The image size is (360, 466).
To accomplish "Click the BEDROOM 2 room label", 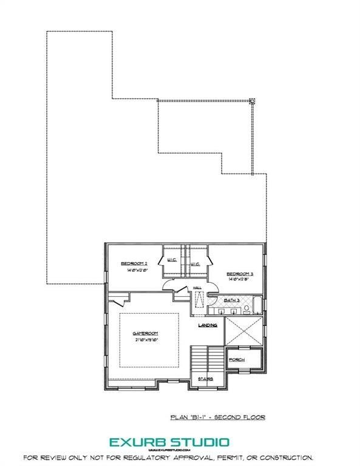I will (x=134, y=263).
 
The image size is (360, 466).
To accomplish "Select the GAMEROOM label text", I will (x=146, y=333).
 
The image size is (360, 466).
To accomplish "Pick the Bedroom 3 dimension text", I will (x=240, y=280).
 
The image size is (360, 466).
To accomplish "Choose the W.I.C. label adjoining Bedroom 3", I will (x=195, y=265).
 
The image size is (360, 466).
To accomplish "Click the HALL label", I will (x=197, y=288).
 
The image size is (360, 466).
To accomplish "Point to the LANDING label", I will (x=208, y=325).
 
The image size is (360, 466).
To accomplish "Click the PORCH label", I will (x=237, y=360).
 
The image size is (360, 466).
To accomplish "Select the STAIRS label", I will (x=204, y=379).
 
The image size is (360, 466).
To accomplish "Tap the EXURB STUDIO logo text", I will (x=169, y=442).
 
